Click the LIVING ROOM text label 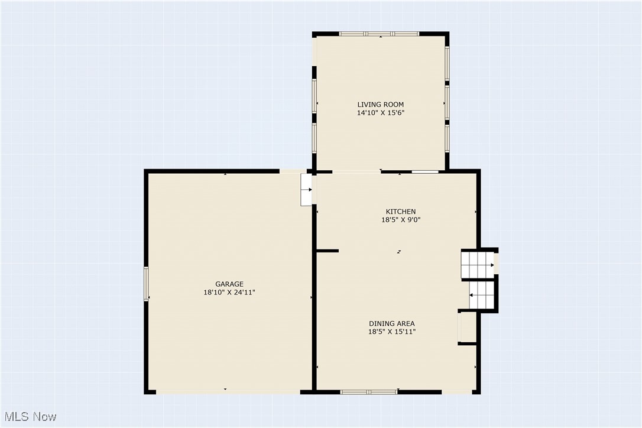(380, 105)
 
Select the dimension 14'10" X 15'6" (380, 112)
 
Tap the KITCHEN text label (400, 212)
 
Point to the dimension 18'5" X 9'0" (400, 219)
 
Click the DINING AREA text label (391, 323)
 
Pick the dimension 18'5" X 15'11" (391, 332)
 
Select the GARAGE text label (229, 284)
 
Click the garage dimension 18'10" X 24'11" (229, 292)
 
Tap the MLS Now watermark (29, 417)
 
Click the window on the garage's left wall (146, 284)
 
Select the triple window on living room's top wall (380, 34)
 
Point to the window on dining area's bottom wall (369, 391)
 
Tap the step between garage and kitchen (306, 190)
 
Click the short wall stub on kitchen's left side (327, 251)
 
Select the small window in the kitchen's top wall (425, 172)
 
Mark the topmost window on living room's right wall (447, 63)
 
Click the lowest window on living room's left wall (314, 137)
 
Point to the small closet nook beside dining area (467, 327)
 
